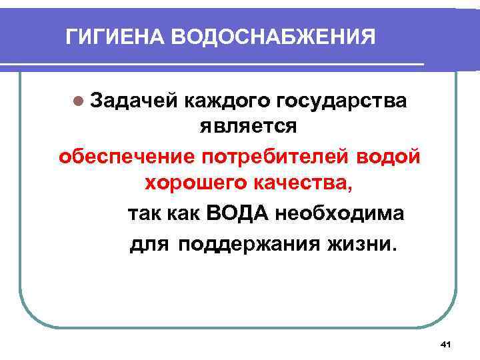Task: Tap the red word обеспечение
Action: point(125,157)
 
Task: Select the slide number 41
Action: point(447,343)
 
